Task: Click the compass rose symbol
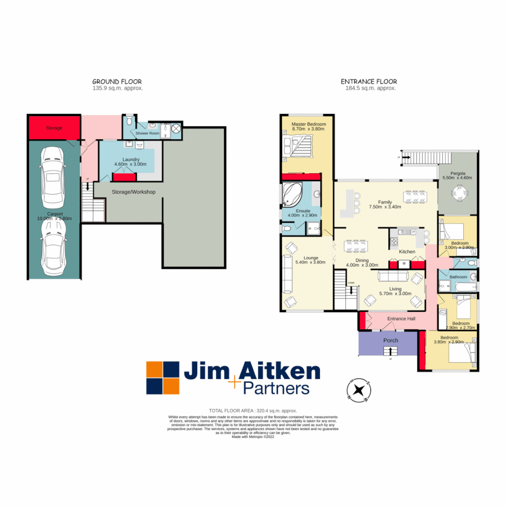tap(359, 390)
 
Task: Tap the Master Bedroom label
tap(309, 124)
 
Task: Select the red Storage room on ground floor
tap(54, 127)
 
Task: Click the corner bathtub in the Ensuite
tap(294, 194)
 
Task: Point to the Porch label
tap(391, 340)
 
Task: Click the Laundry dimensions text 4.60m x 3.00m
tap(131, 164)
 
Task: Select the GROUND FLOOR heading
tap(117, 82)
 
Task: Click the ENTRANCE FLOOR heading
tap(369, 82)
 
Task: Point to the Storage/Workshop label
tap(133, 192)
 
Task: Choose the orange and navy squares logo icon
tap(163, 378)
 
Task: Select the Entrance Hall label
tap(401, 319)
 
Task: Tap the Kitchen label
tap(407, 252)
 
